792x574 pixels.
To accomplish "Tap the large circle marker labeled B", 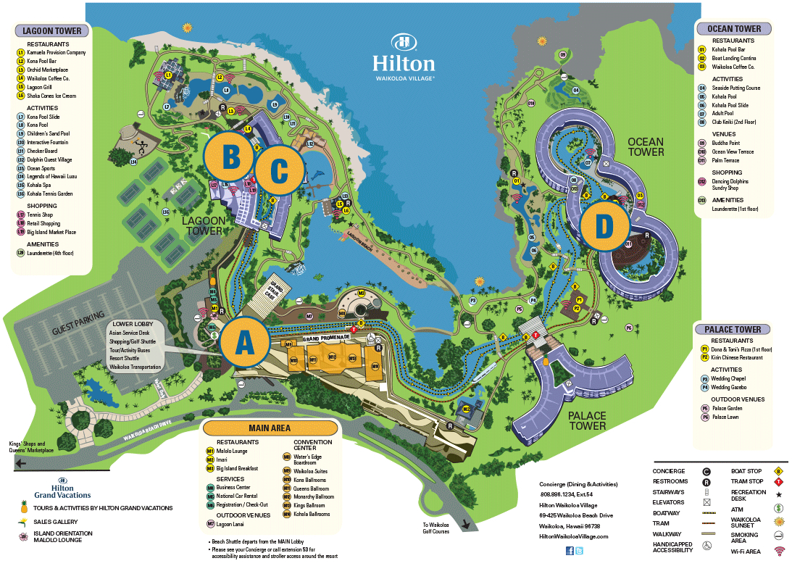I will [230, 156].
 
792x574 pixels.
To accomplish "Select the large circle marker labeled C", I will [278, 171].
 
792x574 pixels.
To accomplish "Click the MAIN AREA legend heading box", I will [270, 428].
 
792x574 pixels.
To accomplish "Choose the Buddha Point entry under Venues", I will [726, 143].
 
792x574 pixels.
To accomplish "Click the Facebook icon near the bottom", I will [570, 551].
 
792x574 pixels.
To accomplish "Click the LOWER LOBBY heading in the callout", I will [128, 324].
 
